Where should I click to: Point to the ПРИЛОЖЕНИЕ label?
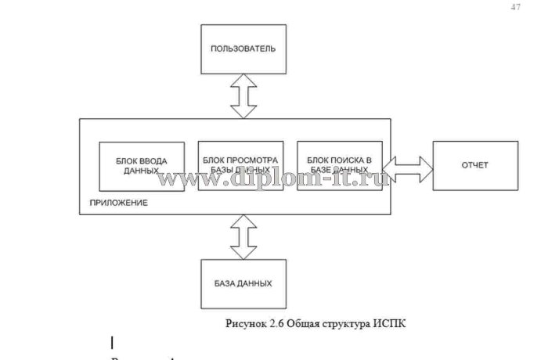click(x=118, y=203)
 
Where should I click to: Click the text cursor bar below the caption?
click(x=113, y=342)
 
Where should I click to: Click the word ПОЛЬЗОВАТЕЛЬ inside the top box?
click(x=243, y=49)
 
